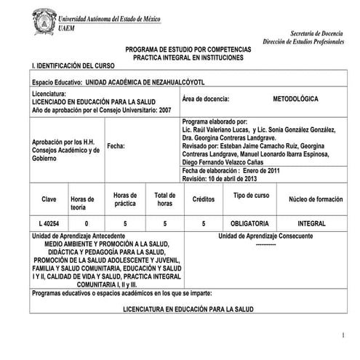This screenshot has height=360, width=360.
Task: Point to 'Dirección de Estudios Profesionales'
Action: pyautogui.click(x=303, y=44)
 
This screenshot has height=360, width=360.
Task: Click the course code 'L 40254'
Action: pyautogui.click(x=49, y=223)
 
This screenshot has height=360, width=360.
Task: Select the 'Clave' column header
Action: pyautogui.click(x=49, y=199)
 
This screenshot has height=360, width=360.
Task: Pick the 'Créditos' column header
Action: pyautogui.click(x=204, y=199)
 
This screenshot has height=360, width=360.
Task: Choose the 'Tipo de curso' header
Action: pyautogui.click(x=251, y=196)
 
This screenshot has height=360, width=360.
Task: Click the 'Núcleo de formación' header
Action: pyautogui.click(x=316, y=199)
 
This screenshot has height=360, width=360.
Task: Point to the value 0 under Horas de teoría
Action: pyautogui.click(x=87, y=223)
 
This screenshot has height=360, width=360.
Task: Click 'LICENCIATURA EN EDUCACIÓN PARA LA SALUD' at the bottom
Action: pyautogui.click(x=188, y=309)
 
